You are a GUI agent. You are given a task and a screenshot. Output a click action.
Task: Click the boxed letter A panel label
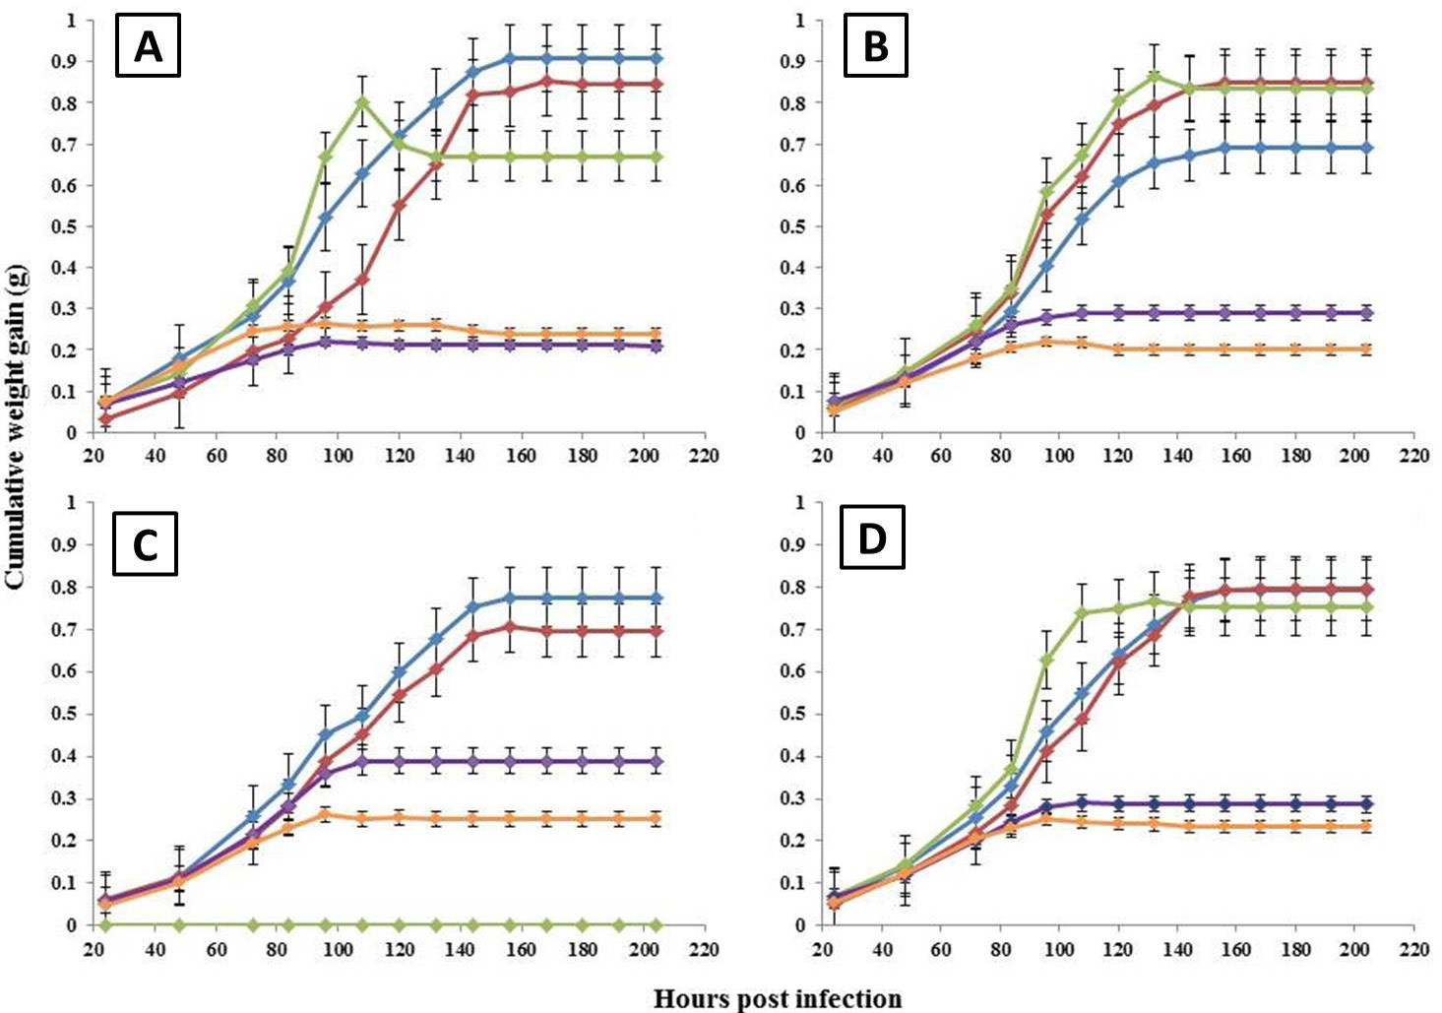pos(148,45)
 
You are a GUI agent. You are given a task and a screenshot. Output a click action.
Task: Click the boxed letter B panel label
pos(875,45)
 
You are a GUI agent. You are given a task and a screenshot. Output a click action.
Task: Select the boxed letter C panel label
pos(146,543)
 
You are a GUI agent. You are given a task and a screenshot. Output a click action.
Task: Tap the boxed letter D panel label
pos(872,538)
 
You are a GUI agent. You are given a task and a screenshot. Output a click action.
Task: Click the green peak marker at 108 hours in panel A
pos(362,102)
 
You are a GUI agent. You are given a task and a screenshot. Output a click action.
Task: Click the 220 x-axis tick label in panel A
pos(704,456)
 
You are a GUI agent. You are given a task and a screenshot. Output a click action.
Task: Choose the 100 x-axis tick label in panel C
pos(338,949)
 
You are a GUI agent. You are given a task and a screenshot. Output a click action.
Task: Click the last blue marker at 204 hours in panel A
pos(657,59)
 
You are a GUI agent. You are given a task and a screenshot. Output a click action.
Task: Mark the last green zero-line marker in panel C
pos(657,925)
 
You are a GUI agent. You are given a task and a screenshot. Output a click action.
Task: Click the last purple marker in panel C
pos(657,762)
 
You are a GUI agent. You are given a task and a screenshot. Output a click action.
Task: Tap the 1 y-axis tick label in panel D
pos(801,502)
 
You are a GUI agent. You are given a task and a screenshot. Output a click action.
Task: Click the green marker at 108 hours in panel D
pos(1082,613)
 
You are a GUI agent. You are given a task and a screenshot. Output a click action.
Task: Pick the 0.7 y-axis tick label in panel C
pos(64,629)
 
